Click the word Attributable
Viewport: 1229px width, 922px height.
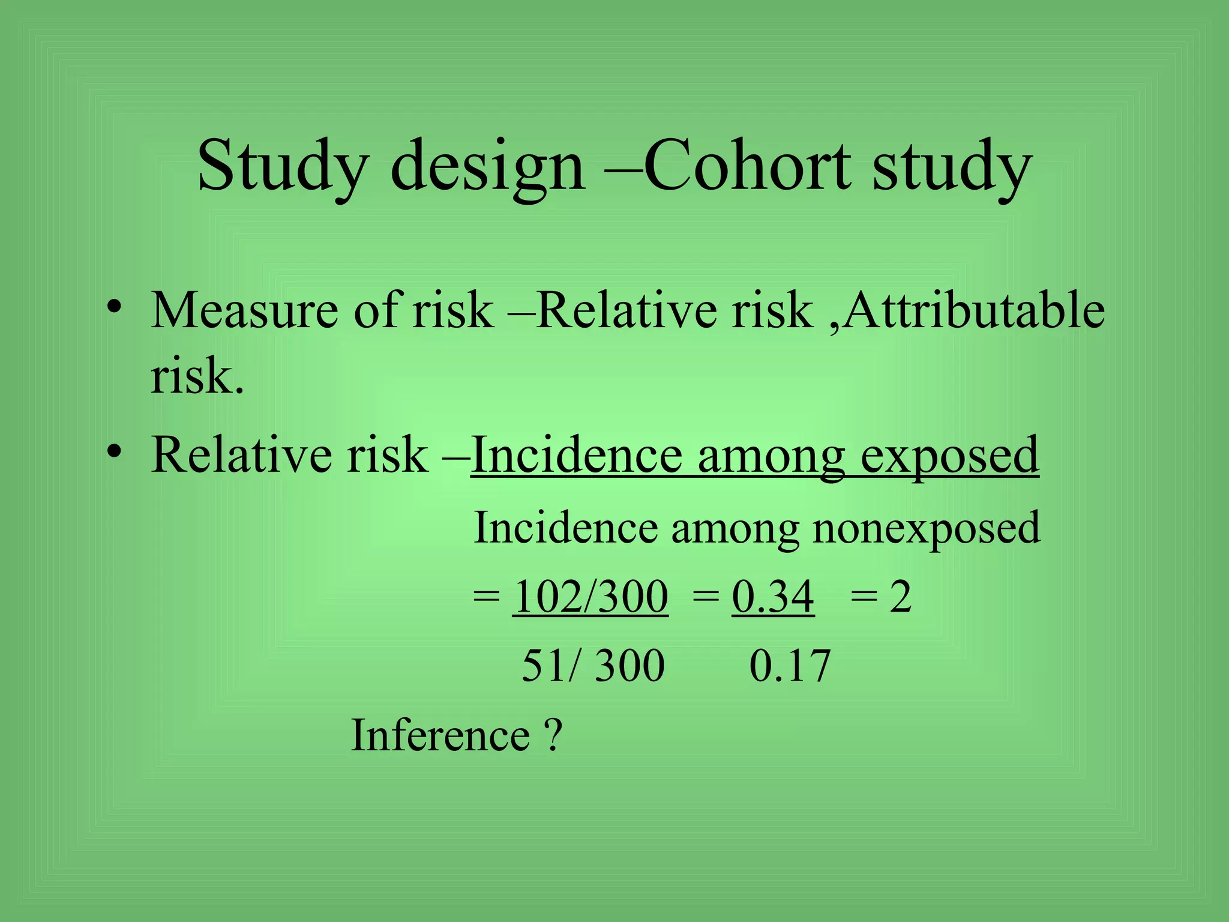(974, 310)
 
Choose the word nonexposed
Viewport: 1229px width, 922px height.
(926, 528)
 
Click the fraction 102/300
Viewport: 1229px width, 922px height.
(590, 597)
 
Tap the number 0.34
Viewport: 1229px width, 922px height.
(773, 597)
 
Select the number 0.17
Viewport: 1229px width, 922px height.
(790, 666)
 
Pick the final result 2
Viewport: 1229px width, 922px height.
(900, 597)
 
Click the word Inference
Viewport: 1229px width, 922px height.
(440, 735)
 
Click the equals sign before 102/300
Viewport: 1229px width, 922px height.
(485, 597)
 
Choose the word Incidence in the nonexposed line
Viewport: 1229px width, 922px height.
(565, 528)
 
